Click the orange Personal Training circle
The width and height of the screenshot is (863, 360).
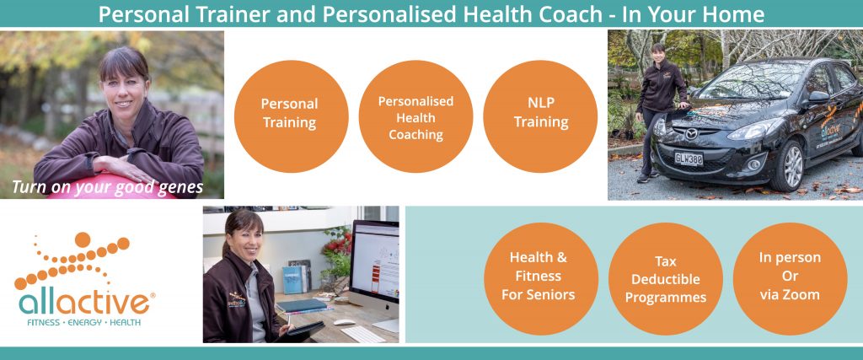click(291, 116)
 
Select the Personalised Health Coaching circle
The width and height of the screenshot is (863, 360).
click(415, 116)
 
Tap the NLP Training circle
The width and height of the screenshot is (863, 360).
click(540, 116)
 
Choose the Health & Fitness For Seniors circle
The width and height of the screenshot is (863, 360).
click(541, 278)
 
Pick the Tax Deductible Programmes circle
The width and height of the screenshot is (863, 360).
click(666, 278)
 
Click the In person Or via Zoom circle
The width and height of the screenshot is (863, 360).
click(790, 278)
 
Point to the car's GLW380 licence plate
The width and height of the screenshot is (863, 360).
click(689, 159)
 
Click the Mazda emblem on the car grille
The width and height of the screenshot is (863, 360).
click(691, 134)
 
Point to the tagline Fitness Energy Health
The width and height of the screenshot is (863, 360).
click(83, 323)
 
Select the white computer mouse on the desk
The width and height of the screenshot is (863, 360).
click(345, 322)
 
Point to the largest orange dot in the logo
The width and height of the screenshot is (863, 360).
click(83, 239)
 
